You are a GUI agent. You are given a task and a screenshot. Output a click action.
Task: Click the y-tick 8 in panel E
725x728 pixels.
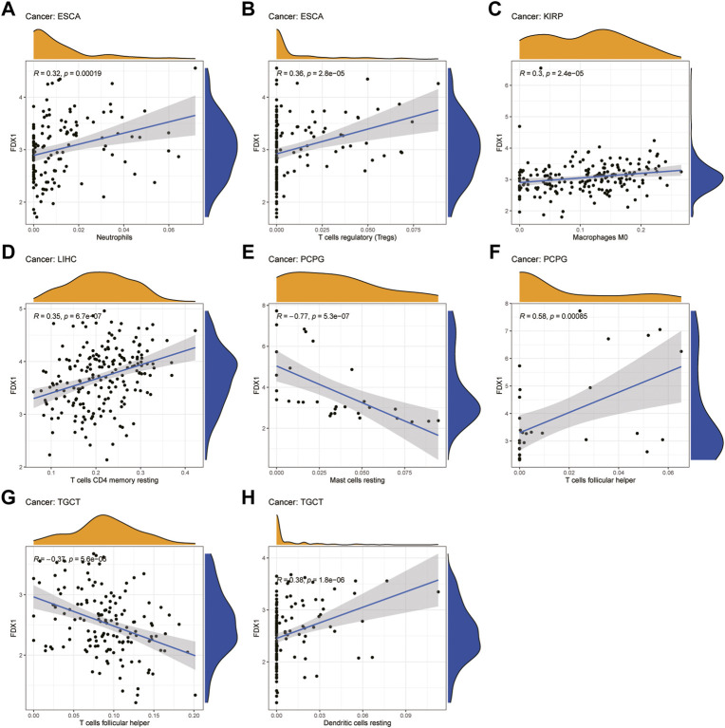264,307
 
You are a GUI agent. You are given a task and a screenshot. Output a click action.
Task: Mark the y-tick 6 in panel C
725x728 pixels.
507,85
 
